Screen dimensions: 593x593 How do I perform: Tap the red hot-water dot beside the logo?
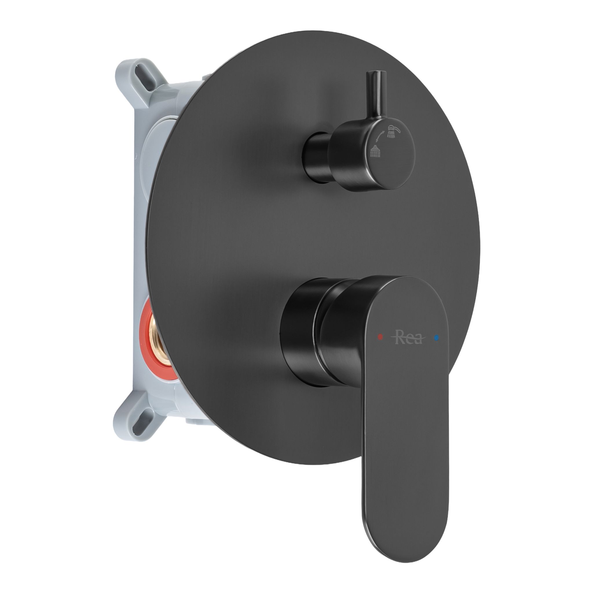(x=380, y=337)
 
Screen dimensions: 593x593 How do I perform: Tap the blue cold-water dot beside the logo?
(x=437, y=338)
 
